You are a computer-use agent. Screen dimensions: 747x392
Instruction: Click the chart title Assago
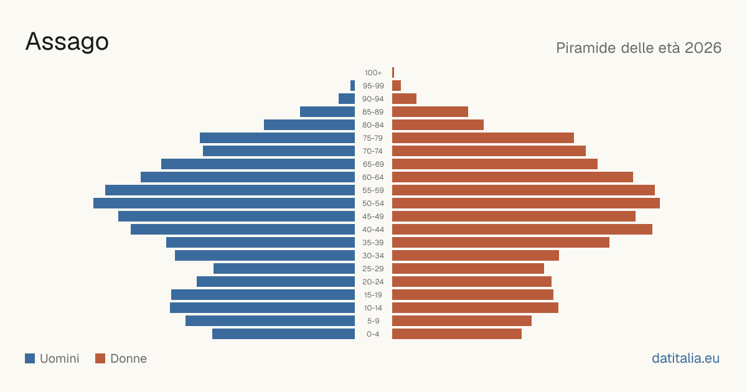click(67, 42)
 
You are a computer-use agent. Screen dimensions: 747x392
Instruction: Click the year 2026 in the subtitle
click(703, 48)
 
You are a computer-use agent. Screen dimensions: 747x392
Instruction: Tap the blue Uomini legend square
click(30, 358)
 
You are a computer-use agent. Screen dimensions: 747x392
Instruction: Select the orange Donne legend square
click(100, 358)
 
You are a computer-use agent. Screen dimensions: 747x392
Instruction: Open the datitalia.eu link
click(685, 358)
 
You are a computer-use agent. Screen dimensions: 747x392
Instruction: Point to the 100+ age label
click(373, 73)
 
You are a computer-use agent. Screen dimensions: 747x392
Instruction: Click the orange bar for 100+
click(393, 72)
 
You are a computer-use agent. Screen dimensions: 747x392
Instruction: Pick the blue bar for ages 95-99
click(352, 85)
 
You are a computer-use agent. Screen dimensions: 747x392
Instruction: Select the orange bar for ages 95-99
click(397, 85)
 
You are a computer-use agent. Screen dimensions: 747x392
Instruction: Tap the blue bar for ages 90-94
click(347, 99)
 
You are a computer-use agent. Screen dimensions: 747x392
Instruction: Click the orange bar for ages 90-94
click(404, 99)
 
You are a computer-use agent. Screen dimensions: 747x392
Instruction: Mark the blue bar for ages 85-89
click(327, 111)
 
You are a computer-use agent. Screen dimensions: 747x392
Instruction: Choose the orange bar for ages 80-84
click(438, 124)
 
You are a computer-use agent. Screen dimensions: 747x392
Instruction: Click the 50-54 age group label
click(373, 203)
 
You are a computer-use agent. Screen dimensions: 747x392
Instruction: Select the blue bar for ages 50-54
click(224, 203)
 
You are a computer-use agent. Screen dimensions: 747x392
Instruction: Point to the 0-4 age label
click(373, 334)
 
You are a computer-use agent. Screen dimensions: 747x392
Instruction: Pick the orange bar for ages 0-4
click(457, 334)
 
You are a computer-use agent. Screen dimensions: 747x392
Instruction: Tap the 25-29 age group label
click(373, 269)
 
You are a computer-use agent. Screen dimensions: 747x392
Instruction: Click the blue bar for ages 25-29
click(284, 269)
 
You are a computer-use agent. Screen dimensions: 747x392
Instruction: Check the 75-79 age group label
click(373, 138)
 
